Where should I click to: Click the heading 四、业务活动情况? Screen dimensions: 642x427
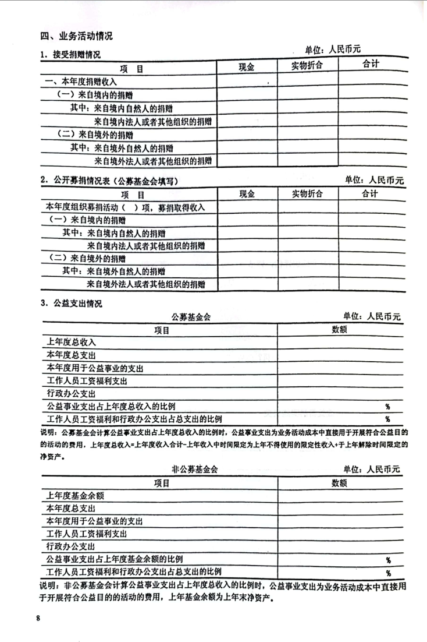[76, 36]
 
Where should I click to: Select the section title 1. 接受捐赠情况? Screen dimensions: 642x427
[70, 55]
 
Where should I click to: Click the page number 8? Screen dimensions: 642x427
[38, 618]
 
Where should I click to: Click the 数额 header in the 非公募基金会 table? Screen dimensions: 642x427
[339, 482]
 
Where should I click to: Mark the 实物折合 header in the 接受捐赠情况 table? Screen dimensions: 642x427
[307, 66]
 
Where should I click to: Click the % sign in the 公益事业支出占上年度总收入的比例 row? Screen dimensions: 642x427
[387, 406]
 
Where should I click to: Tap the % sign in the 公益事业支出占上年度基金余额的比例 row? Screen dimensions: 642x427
[388, 560]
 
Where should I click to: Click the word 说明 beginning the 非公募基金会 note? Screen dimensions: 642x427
[49, 585]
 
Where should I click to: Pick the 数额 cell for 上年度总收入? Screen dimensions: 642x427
[340, 342]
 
